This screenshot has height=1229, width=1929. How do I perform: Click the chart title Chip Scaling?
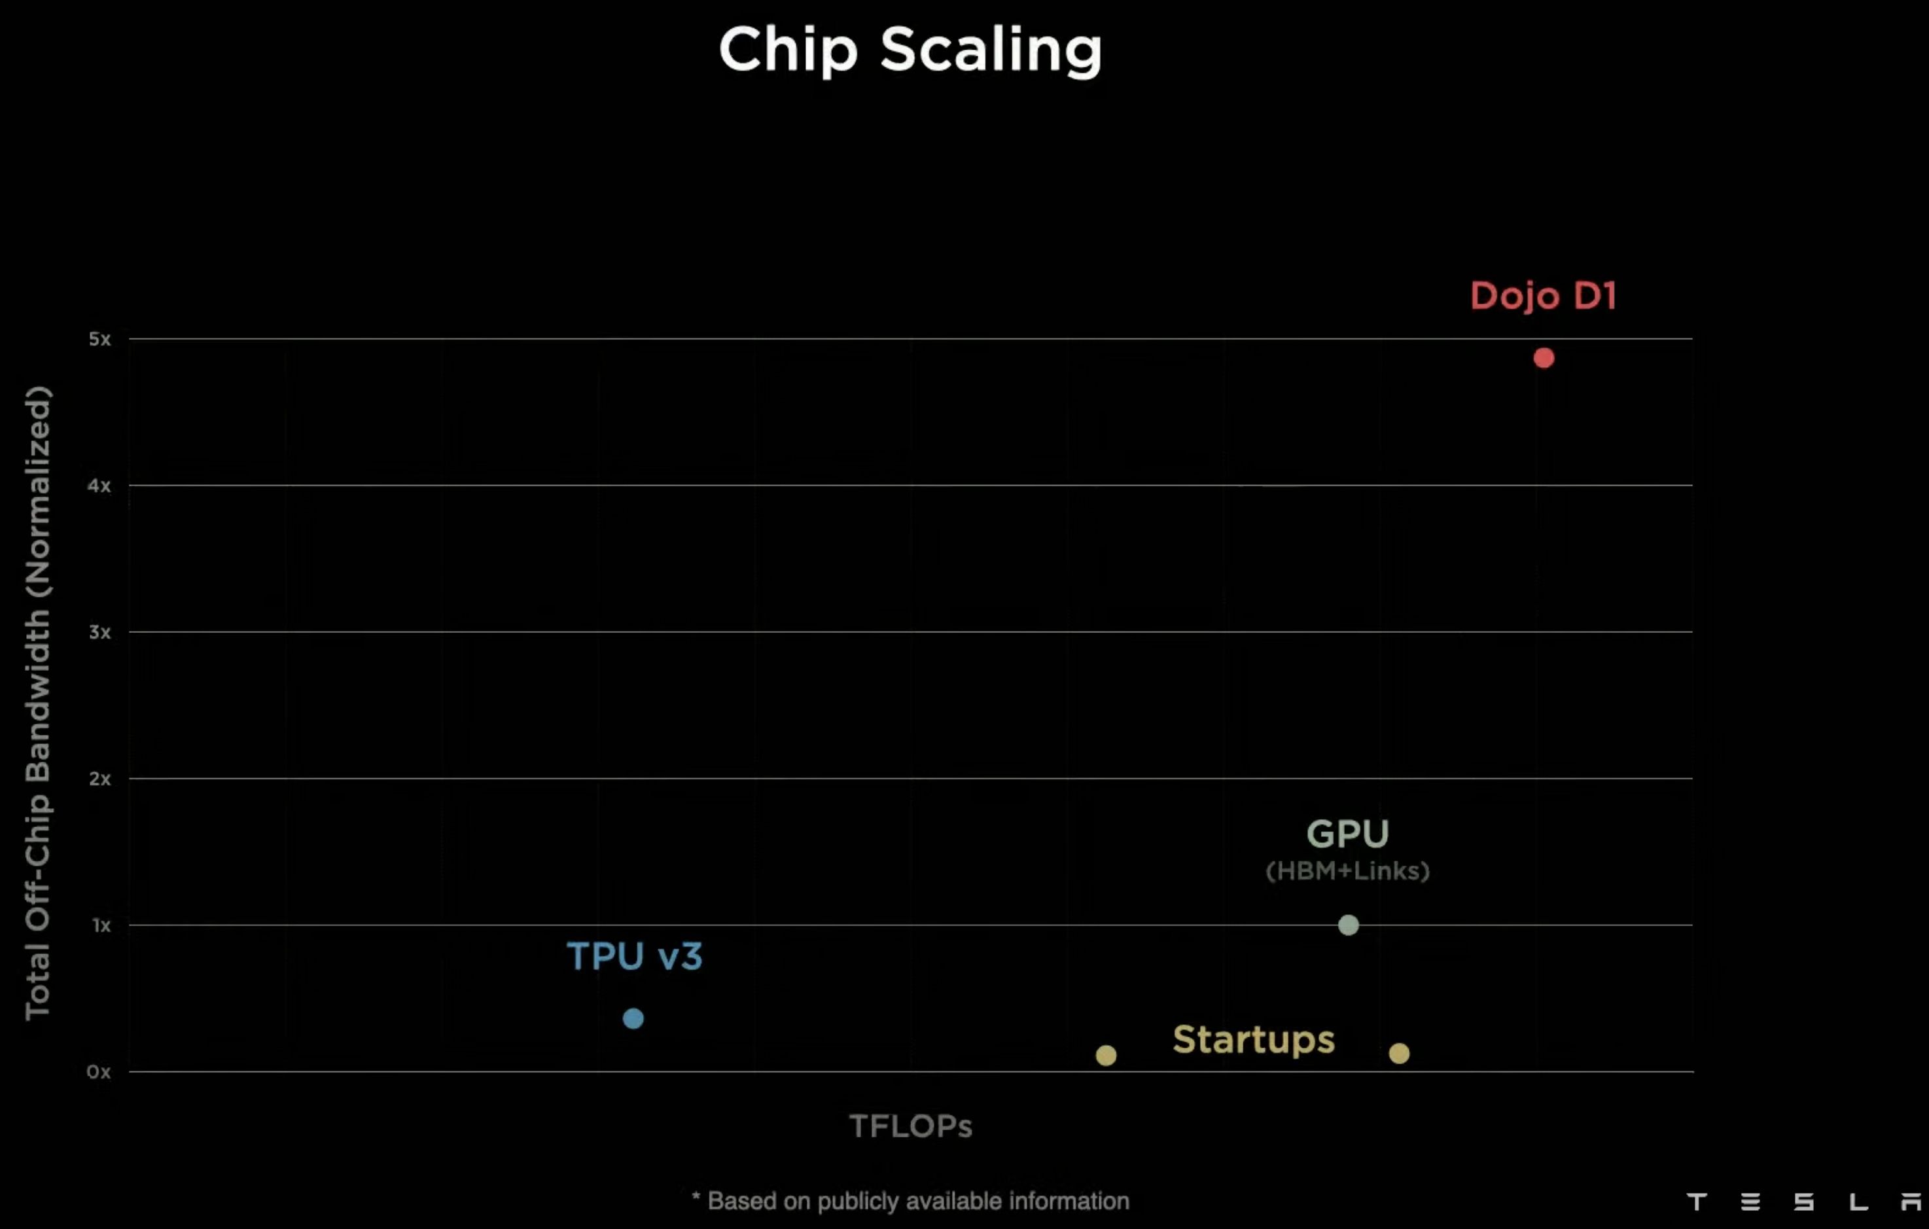click(910, 50)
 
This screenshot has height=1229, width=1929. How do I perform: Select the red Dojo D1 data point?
click(1544, 358)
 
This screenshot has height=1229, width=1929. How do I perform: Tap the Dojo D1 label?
click(1543, 296)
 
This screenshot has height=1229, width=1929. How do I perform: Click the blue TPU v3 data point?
click(633, 1018)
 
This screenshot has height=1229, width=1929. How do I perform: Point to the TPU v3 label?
click(635, 956)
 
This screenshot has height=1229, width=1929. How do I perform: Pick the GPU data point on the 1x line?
click(1348, 925)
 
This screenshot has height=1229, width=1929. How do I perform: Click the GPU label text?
click(1347, 834)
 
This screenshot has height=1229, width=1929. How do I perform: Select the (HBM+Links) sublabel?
click(1347, 871)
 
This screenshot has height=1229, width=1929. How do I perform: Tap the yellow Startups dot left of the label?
click(1105, 1055)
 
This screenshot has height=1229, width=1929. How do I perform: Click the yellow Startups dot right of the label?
click(1399, 1054)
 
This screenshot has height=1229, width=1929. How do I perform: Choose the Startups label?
click(1254, 1039)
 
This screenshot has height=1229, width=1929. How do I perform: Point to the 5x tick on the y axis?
click(99, 339)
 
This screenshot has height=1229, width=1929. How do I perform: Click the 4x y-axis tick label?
click(99, 486)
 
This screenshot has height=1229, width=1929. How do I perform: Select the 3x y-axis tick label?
click(99, 632)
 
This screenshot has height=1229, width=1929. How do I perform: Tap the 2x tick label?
click(99, 779)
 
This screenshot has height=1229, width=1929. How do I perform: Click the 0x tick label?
click(99, 1072)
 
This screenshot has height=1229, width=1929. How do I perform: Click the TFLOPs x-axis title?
click(911, 1126)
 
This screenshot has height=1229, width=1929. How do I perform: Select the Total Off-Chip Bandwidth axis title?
click(38, 703)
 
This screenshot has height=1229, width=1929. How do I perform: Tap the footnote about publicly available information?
click(911, 1201)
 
